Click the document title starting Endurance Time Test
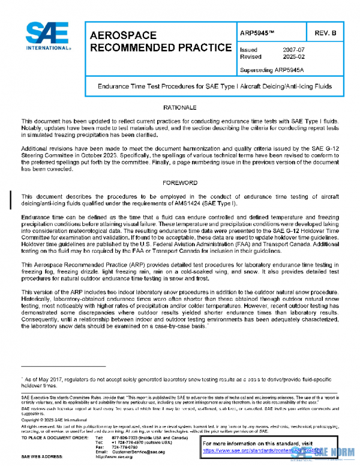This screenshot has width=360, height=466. (x=215, y=86)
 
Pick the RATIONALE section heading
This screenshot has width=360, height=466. (x=180, y=107)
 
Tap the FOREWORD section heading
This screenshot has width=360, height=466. (x=180, y=181)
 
